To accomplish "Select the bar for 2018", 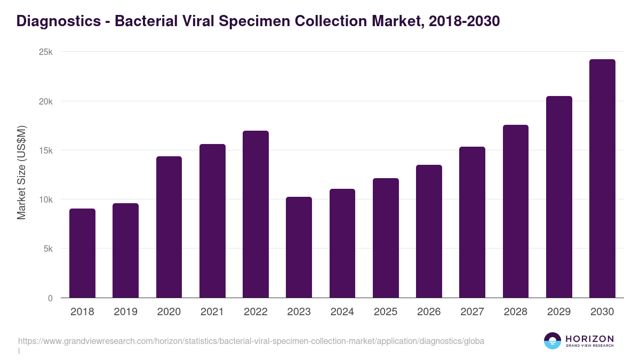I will (82, 253).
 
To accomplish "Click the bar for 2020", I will (169, 227).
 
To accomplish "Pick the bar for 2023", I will (299, 247).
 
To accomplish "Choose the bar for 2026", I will (429, 231).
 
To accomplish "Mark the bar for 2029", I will (559, 197).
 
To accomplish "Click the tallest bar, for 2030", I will (602, 179).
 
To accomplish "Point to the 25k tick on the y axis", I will (46, 52).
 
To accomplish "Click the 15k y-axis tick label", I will (46, 151).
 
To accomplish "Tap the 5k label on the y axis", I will (48, 249).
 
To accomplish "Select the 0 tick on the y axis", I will (50, 299).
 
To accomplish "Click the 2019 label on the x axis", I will (125, 312).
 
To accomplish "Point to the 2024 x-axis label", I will (342, 312).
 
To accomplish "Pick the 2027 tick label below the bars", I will (472, 312).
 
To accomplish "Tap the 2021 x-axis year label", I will (212, 312).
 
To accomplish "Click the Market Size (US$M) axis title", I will (22, 172).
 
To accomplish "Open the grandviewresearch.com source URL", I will (251, 341).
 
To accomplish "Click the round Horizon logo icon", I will (553, 341).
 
